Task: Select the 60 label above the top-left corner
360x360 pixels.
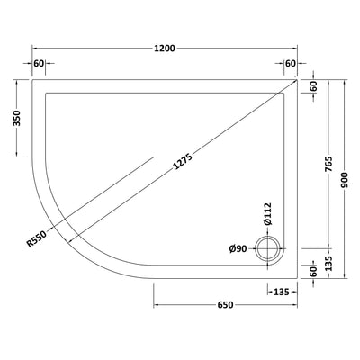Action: click(39, 64)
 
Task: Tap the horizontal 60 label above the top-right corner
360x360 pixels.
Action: click(290, 64)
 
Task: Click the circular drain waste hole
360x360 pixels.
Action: click(267, 248)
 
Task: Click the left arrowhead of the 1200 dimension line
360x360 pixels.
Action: click(35, 49)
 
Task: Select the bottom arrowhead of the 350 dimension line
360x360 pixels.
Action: click(18, 157)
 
